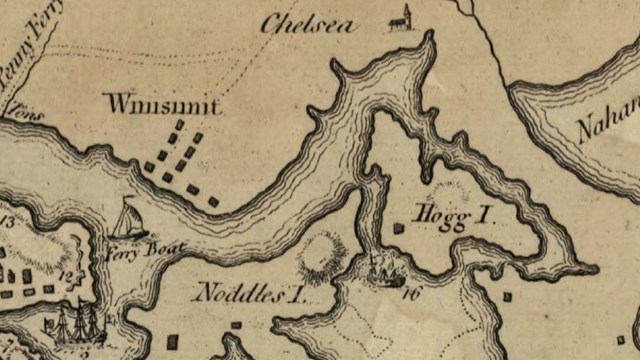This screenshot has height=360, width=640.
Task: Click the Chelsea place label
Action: tap(307, 25)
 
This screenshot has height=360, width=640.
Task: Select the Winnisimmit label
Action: tap(162, 104)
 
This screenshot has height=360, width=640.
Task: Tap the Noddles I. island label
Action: tap(247, 293)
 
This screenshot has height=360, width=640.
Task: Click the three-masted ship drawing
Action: tap(75, 322)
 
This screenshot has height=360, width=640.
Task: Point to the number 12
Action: tap(67, 273)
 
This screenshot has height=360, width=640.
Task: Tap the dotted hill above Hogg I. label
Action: tap(447, 191)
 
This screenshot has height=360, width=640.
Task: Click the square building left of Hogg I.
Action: tap(399, 229)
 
